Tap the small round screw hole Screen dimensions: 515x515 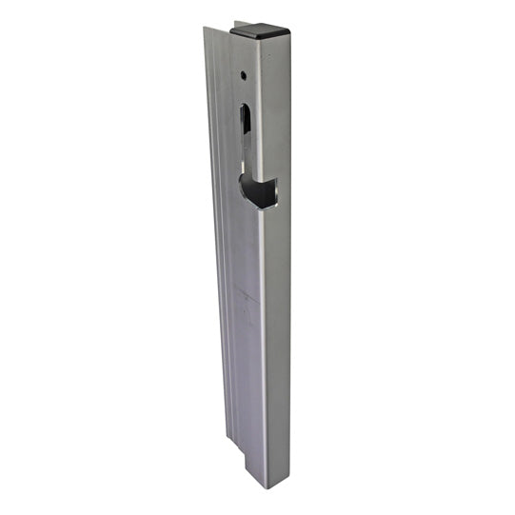245,73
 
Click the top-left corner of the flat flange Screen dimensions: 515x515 206,28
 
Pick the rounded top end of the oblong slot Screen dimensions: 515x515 246,104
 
